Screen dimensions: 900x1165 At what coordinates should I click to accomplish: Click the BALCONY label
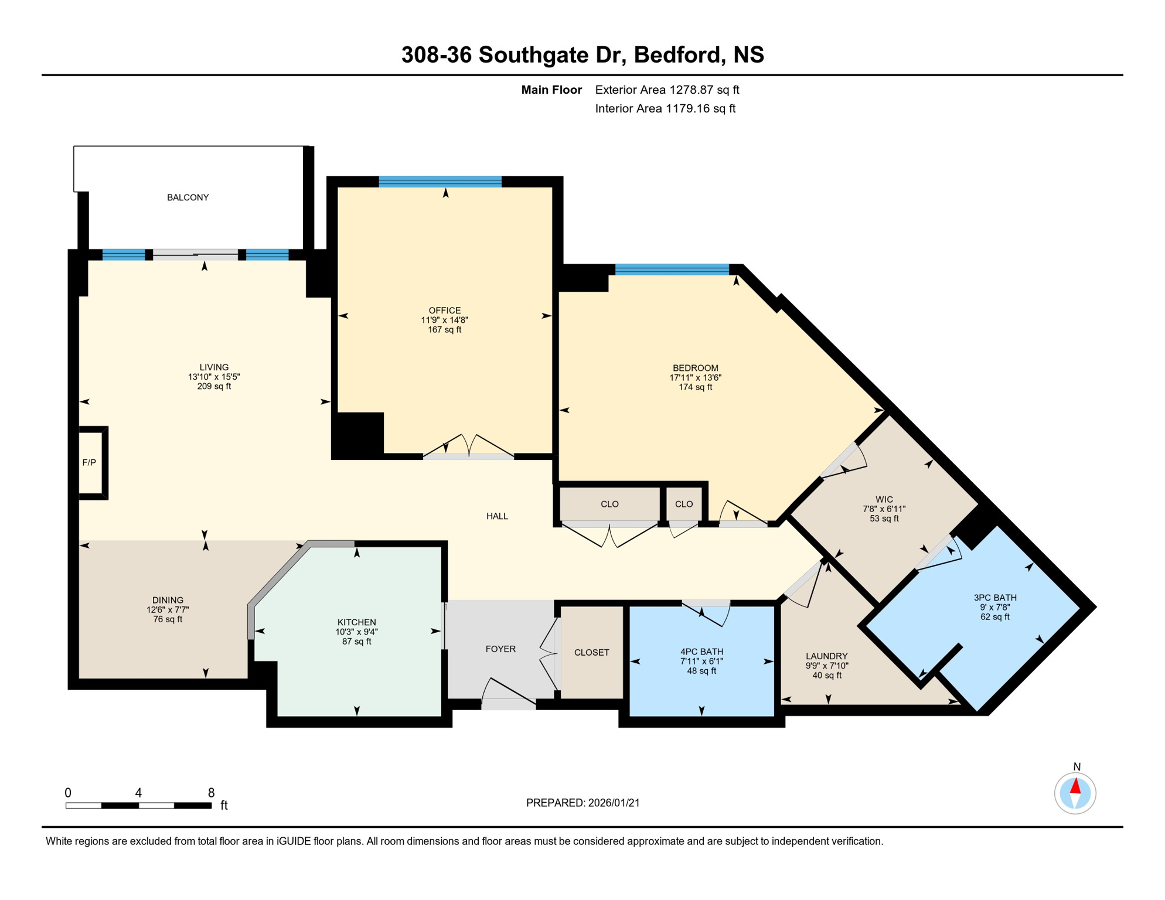(188, 197)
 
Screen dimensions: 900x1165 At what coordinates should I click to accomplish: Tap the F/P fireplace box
(90, 463)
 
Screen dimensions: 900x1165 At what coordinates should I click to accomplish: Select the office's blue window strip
(440, 182)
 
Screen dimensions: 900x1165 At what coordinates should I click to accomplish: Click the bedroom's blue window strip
(672, 270)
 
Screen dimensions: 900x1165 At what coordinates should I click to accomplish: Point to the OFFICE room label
(444, 311)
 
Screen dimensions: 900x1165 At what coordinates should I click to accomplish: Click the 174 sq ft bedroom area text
(695, 387)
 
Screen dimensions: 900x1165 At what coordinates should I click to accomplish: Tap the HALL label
(497, 516)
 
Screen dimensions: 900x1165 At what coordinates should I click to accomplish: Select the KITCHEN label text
(356, 622)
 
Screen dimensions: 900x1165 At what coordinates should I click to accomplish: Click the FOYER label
(500, 649)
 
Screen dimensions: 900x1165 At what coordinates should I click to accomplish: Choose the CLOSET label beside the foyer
(591, 653)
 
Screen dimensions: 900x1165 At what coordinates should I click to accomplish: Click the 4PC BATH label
(701, 652)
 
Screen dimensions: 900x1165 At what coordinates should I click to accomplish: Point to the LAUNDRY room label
(826, 656)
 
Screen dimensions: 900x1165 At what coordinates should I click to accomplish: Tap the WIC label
(884, 500)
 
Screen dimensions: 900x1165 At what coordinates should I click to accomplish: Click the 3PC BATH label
(995, 598)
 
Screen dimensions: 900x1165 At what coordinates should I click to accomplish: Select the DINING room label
(168, 600)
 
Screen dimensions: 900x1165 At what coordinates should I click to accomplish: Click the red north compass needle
(1075, 786)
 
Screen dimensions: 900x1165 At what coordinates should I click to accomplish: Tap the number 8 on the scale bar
(211, 793)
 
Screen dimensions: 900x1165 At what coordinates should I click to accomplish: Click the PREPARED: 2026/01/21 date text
(582, 803)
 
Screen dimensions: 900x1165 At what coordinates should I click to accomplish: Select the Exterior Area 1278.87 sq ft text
(667, 90)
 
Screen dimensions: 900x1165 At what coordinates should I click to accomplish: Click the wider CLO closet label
(609, 504)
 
